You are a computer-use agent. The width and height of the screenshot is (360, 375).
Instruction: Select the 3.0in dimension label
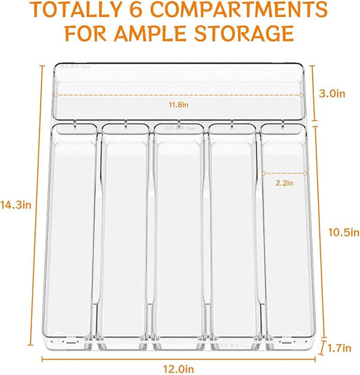click(x=336, y=94)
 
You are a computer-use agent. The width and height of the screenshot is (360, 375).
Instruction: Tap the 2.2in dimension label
click(x=283, y=182)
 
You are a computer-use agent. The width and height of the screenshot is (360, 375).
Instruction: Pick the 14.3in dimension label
click(x=16, y=205)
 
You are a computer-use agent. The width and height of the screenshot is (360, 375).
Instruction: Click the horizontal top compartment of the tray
click(x=179, y=88)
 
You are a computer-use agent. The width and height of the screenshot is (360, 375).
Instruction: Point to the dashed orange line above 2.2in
click(x=283, y=173)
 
